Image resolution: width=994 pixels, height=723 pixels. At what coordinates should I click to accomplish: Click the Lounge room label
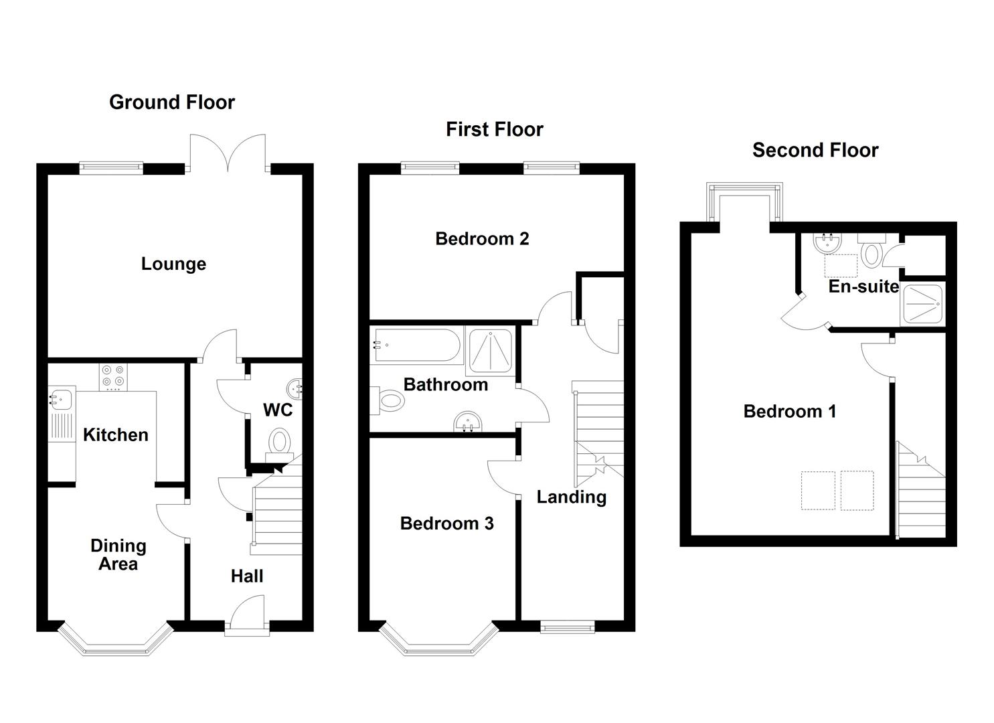tap(173, 264)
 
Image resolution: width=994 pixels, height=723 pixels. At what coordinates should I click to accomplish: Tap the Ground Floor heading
tap(172, 102)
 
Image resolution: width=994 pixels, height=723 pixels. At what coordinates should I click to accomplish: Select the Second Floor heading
tap(815, 150)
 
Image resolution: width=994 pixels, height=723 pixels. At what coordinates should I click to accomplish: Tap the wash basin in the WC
tap(295, 388)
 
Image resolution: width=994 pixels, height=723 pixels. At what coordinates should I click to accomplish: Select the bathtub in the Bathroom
tap(416, 345)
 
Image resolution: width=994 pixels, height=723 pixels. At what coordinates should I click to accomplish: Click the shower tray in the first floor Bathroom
tap(490, 351)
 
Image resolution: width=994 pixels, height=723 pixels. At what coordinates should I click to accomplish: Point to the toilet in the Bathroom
tap(388, 401)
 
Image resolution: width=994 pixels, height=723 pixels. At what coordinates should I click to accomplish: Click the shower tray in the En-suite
tap(923, 305)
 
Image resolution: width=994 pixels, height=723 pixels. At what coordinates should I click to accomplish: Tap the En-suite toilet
tap(872, 252)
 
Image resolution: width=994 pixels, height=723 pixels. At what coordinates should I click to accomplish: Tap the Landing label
tap(571, 497)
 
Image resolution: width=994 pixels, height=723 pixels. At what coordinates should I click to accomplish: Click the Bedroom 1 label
tap(789, 411)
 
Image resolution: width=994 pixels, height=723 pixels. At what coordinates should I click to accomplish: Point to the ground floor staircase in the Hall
tap(274, 515)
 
